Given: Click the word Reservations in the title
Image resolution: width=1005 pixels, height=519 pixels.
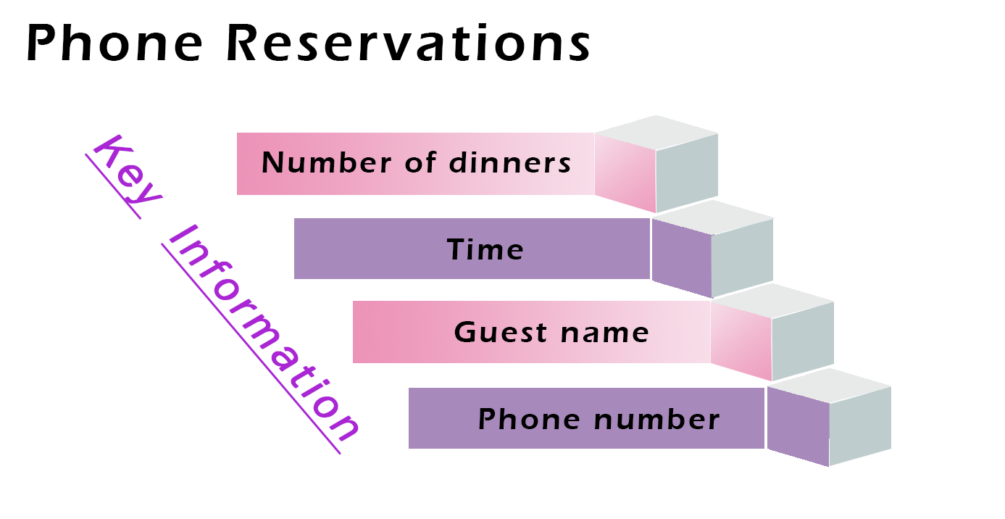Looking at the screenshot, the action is coord(408,44).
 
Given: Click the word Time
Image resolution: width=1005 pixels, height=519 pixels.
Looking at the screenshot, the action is coord(485,249).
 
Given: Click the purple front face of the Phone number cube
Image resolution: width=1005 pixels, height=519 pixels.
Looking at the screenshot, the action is coord(798,428).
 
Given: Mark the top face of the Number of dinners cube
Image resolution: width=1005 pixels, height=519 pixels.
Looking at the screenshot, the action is coord(656,133).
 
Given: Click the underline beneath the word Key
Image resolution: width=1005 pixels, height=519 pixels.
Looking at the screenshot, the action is coord(113,186).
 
